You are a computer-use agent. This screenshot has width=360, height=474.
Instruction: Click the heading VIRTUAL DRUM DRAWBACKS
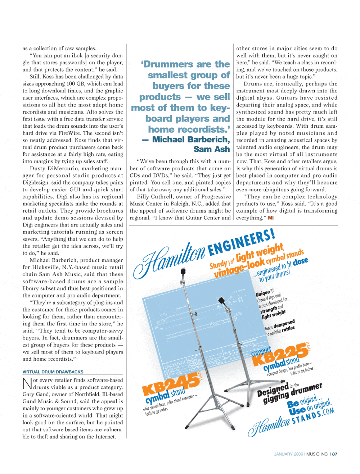tap(53, 372)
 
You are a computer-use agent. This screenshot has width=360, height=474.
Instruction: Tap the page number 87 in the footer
tap(335, 454)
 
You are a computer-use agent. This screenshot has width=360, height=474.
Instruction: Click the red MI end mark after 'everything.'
tap(271, 218)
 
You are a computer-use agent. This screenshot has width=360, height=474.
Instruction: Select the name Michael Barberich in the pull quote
tap(191, 140)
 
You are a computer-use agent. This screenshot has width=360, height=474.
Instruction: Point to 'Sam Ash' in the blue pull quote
tap(211, 149)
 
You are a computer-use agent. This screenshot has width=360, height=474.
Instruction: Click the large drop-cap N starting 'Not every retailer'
tap(27, 383)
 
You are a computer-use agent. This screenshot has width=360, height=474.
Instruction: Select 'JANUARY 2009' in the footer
tap(288, 454)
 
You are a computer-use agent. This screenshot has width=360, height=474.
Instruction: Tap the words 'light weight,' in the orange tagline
tap(260, 252)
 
